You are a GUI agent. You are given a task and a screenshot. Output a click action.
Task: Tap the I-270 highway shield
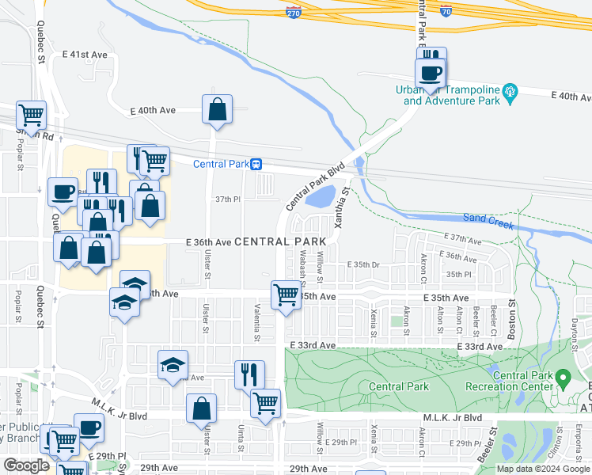pyautogui.click(x=293, y=11)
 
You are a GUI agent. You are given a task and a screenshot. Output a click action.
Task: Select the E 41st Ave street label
pyautogui.click(x=84, y=55)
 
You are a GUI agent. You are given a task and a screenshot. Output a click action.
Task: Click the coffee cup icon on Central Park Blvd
pyautogui.click(x=431, y=73)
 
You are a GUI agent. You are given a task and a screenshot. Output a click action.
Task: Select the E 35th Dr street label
pyautogui.click(x=364, y=265)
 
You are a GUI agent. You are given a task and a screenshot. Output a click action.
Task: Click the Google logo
pyautogui.click(x=26, y=466)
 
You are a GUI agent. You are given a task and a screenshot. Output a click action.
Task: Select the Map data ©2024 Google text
pyautogui.click(x=543, y=469)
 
